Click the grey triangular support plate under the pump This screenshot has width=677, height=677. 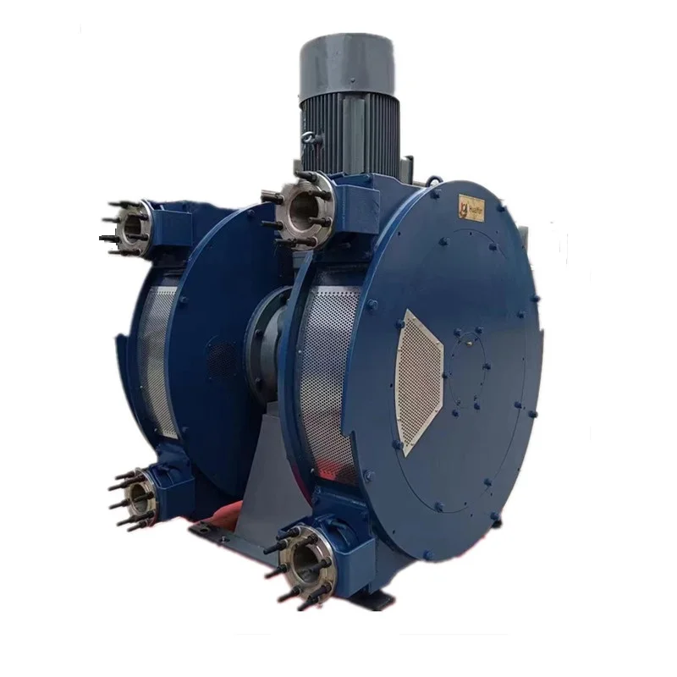pos(262,474)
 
